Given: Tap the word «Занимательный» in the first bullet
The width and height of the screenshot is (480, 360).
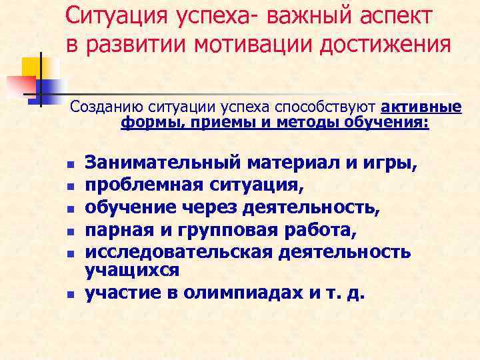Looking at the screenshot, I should pos(161,161).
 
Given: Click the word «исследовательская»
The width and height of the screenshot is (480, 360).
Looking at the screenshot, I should pos(194,253).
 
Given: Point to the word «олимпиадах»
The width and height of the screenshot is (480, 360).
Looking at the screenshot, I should pos(233,293).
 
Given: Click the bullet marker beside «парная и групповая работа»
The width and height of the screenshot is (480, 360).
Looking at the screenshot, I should pos(69,233).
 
